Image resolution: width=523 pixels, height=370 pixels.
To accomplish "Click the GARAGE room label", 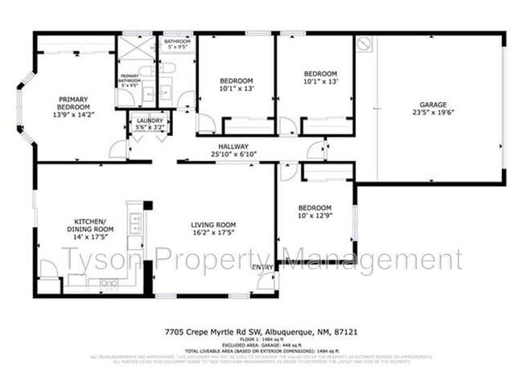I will (432, 105).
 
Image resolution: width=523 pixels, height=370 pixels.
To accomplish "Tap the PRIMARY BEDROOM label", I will (72, 103).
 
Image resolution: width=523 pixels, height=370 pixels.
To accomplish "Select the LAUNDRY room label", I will (150, 121).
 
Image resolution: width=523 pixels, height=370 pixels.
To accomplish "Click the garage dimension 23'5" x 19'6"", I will (432, 113).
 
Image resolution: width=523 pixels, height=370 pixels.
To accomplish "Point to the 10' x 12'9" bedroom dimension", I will (315, 215).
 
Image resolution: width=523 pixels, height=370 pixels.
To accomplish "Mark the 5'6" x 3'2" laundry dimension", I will (150, 127).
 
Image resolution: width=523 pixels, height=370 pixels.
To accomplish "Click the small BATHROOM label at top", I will (176, 41).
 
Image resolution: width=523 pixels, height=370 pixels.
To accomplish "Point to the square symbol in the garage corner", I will (365, 43).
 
